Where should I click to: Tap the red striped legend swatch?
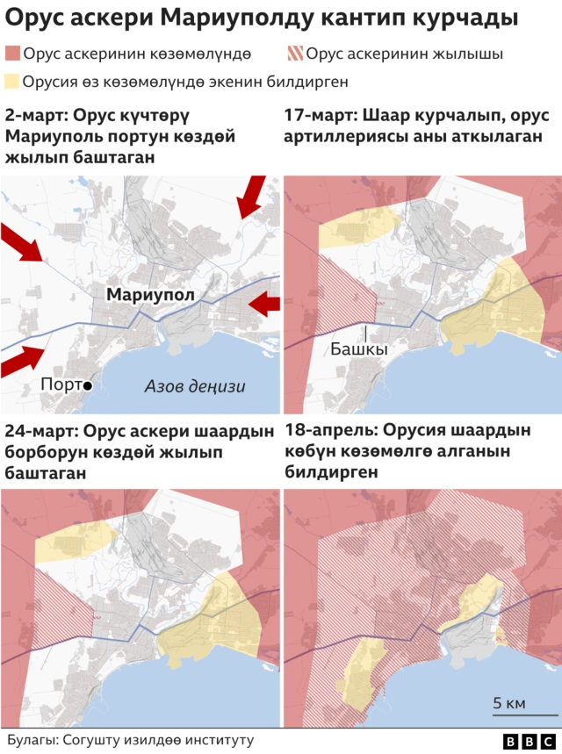pyautogui.click(x=295, y=54)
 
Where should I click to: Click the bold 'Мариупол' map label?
pyautogui.click(x=149, y=295)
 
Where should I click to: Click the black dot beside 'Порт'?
pyautogui.click(x=87, y=385)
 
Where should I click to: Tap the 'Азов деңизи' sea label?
pyautogui.click(x=194, y=386)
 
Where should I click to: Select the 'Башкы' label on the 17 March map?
pyautogui.click(x=358, y=348)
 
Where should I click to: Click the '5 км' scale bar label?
pyautogui.click(x=509, y=703)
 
